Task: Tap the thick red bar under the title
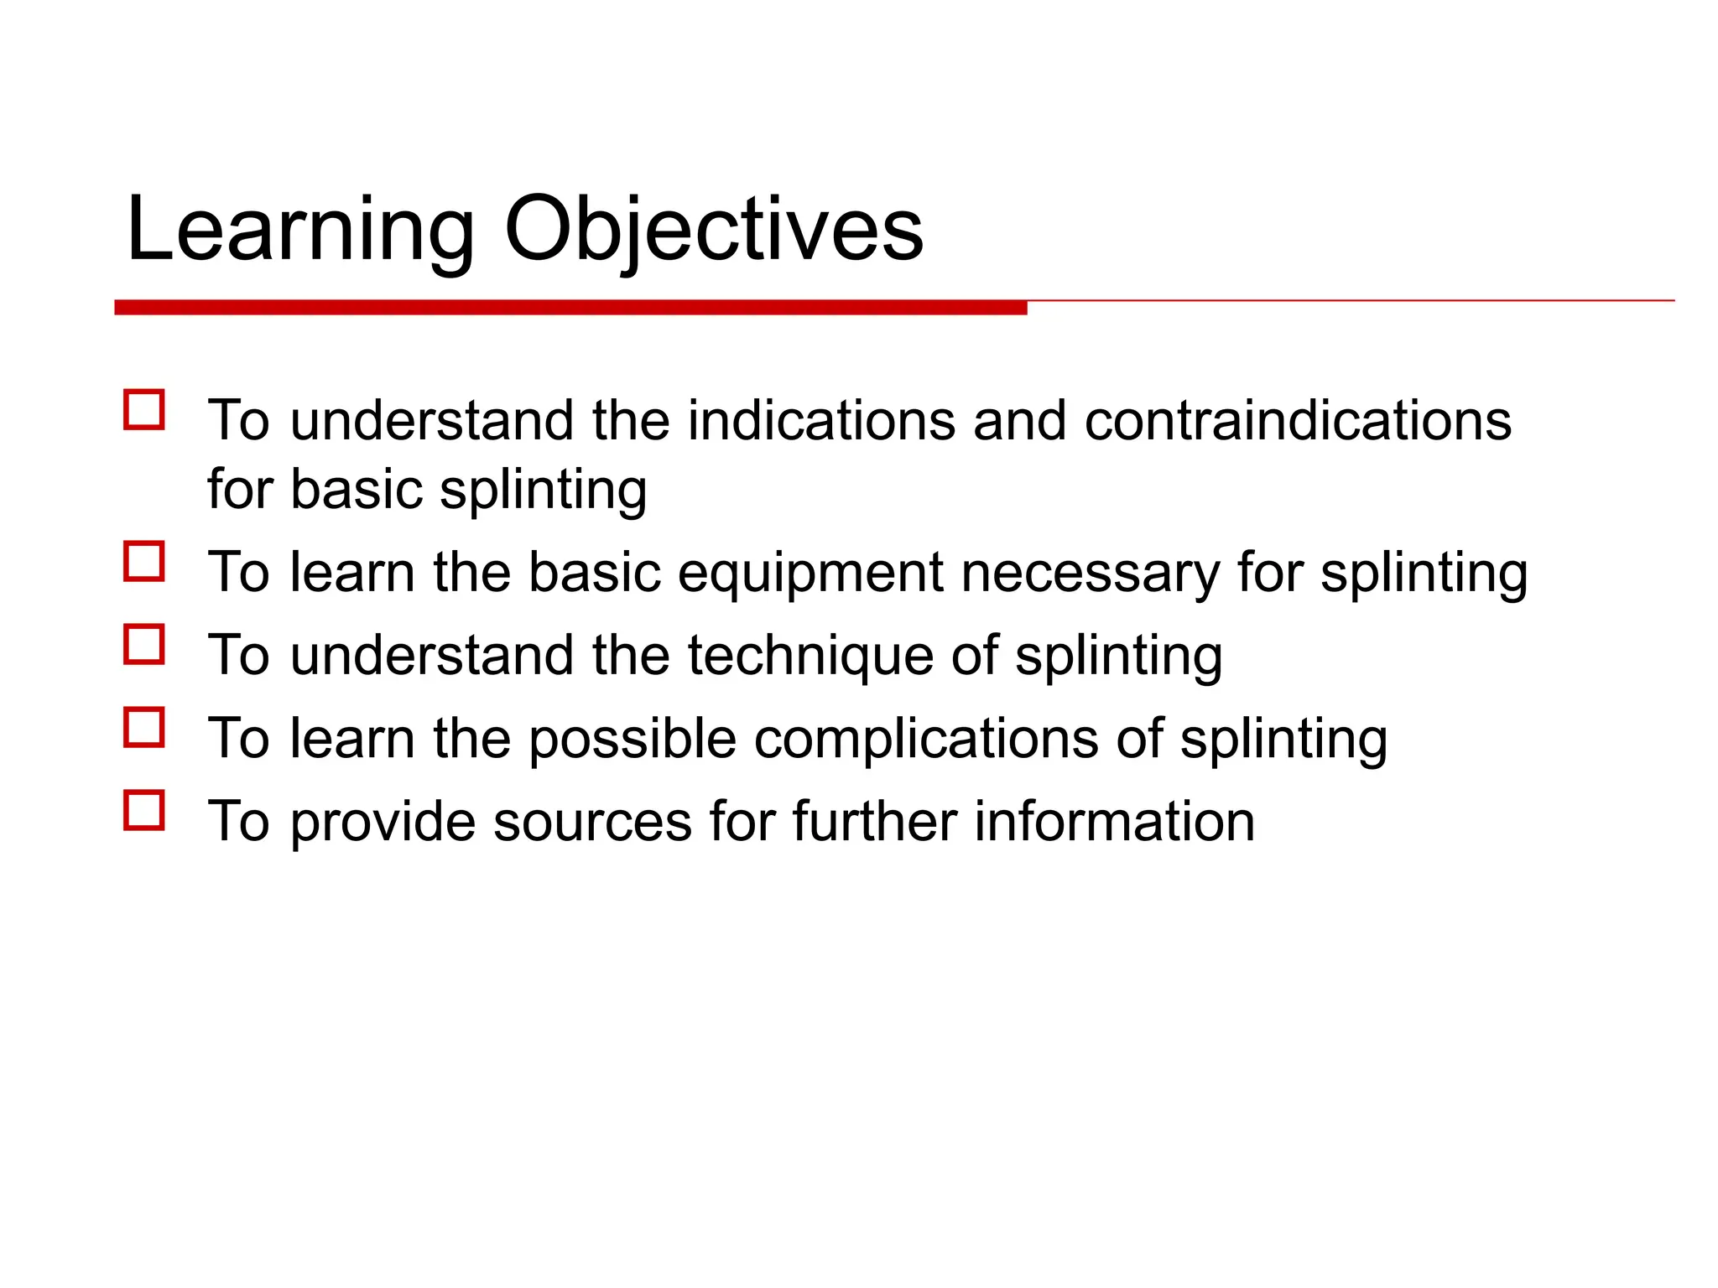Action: pyautogui.click(x=570, y=308)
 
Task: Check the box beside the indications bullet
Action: pyautogui.click(x=143, y=410)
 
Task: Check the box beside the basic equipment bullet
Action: pyautogui.click(x=143, y=561)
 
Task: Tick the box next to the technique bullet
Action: pyautogui.click(x=143, y=644)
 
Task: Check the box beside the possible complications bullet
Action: pyautogui.click(x=143, y=727)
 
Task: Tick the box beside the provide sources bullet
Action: pyautogui.click(x=143, y=810)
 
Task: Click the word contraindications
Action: pyautogui.click(x=1297, y=420)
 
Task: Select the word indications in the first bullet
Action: pyautogui.click(x=821, y=420)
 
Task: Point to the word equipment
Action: pyautogui.click(x=810, y=574)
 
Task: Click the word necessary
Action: pyautogui.click(x=1090, y=574)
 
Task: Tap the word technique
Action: pyautogui.click(x=810, y=657)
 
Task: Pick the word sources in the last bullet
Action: pyautogui.click(x=592, y=823)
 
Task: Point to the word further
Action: pyautogui.click(x=874, y=821)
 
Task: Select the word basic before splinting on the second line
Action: pyautogui.click(x=356, y=490)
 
